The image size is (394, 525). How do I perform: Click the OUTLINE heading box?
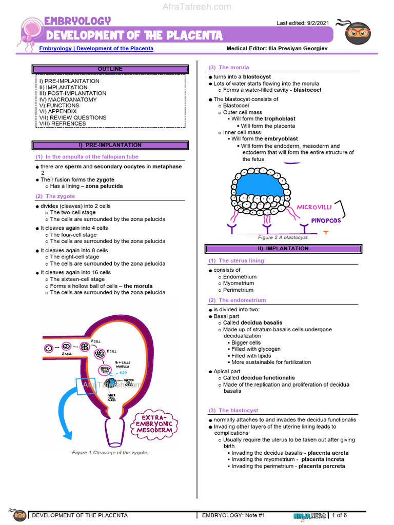pyautogui.click(x=110, y=69)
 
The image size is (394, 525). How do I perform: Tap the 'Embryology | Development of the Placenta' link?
pyautogui.click(x=96, y=49)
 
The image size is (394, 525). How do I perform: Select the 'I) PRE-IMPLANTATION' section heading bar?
pyautogui.click(x=110, y=145)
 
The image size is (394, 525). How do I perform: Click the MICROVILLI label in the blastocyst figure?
pyautogui.click(x=314, y=207)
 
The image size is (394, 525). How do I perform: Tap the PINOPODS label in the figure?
pyautogui.click(x=327, y=221)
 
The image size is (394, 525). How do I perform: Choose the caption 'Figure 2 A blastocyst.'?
pyautogui.click(x=283, y=238)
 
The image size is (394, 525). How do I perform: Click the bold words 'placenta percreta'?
pyautogui.click(x=322, y=466)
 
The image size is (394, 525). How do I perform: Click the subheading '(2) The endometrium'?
pyautogui.click(x=237, y=300)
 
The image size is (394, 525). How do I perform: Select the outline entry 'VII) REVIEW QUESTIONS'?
pyautogui.click(x=73, y=117)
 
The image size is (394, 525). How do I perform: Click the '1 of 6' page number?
pyautogui.click(x=340, y=515)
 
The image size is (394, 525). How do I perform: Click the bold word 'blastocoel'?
pyautogui.click(x=307, y=90)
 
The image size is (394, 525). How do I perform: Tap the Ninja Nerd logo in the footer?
pyautogui.click(x=309, y=516)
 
